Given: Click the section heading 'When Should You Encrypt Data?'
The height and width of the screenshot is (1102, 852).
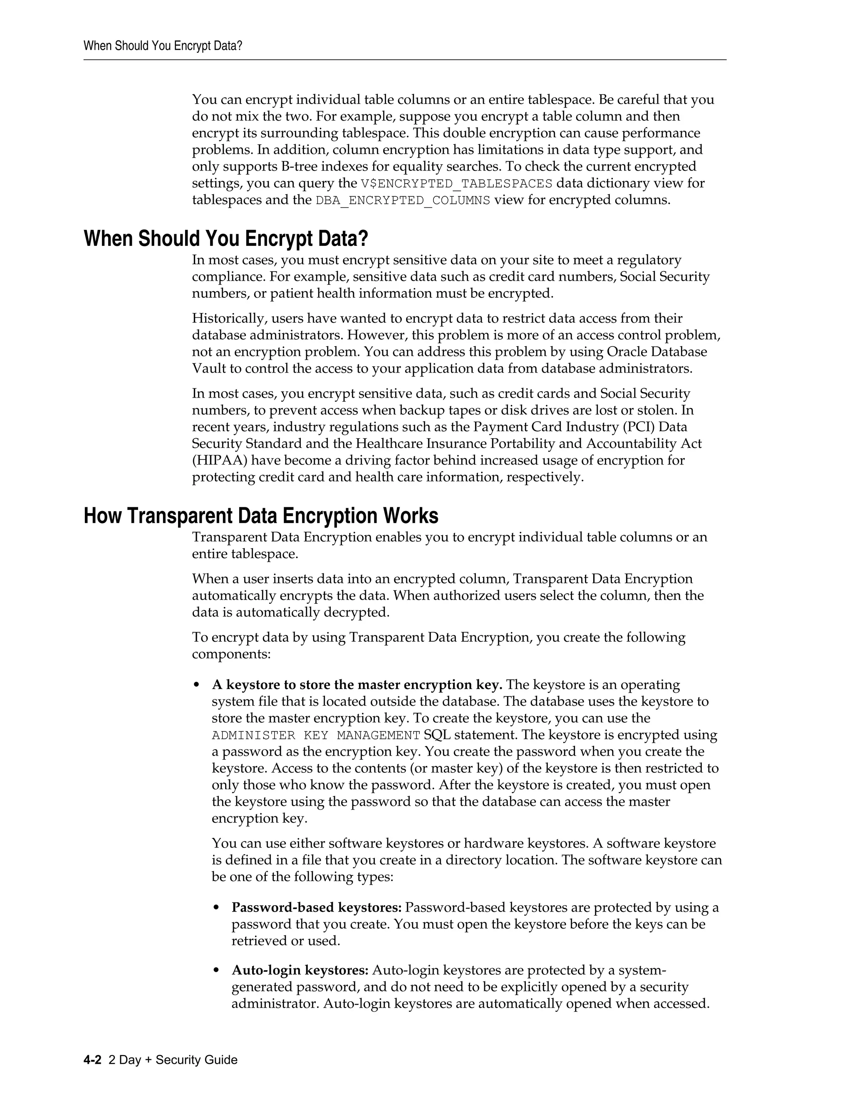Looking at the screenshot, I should pos(225,238).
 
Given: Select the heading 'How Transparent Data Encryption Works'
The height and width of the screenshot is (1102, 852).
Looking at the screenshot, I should pos(260,516).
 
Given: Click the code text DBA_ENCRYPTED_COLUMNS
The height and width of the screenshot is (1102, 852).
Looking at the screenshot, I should pos(403,200).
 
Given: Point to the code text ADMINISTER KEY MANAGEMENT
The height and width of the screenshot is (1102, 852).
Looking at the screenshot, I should pos(315,735).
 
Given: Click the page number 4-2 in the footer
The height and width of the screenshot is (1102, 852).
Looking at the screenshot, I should pos(93,1060).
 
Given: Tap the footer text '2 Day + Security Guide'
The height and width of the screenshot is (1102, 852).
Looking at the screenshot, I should pos(173,1060).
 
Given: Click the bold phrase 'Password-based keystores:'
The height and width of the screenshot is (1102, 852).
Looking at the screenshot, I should pos(317,907).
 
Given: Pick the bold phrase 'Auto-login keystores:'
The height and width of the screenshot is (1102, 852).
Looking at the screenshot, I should pos(300,970).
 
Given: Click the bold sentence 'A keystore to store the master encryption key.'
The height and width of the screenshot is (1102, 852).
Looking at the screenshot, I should pos(357,685).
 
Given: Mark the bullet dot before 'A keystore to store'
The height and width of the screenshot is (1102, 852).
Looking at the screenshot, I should pos(197,685).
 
